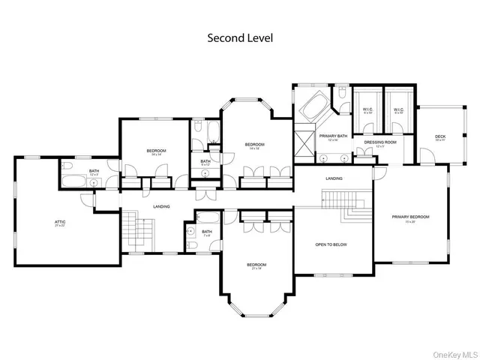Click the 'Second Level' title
point(239,38)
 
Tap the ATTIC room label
point(59,223)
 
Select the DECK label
point(440,137)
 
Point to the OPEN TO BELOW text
point(331,244)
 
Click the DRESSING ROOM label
point(379,142)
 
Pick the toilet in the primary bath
point(342,96)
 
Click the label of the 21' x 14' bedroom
point(256,265)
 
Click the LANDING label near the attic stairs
point(161,206)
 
